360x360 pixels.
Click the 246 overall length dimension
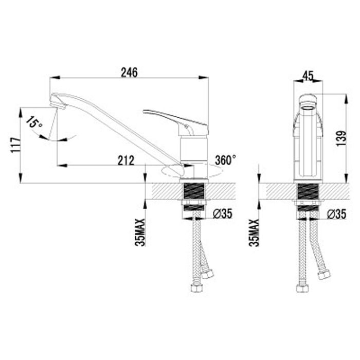129,73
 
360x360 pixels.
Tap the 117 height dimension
14,145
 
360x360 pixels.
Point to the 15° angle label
33,123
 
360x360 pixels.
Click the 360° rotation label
226,159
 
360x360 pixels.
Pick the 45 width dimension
308,76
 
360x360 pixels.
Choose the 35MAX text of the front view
254,231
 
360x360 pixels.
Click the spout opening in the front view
308,100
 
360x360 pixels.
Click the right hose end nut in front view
324,275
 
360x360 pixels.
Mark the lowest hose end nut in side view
195,288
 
